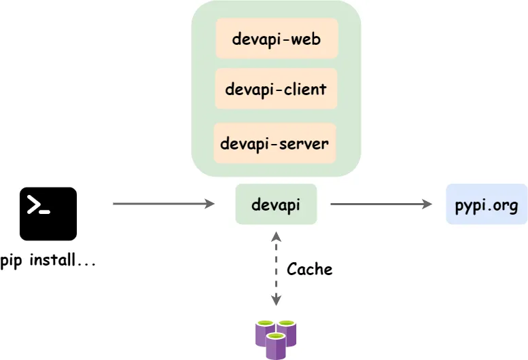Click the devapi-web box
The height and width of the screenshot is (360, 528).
coord(276,39)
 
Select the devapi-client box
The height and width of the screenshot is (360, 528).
coord(276,88)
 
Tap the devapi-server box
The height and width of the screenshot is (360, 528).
coord(275,143)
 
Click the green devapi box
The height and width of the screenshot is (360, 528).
coord(276,204)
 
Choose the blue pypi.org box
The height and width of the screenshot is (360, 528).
coord(487,204)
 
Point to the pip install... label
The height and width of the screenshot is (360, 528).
coord(48,260)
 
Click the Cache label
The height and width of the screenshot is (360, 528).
coord(309,269)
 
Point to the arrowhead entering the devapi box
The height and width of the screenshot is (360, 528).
coord(210,203)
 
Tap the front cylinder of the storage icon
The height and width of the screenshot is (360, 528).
coord(275,346)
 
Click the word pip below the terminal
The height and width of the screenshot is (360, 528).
coord(12,261)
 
